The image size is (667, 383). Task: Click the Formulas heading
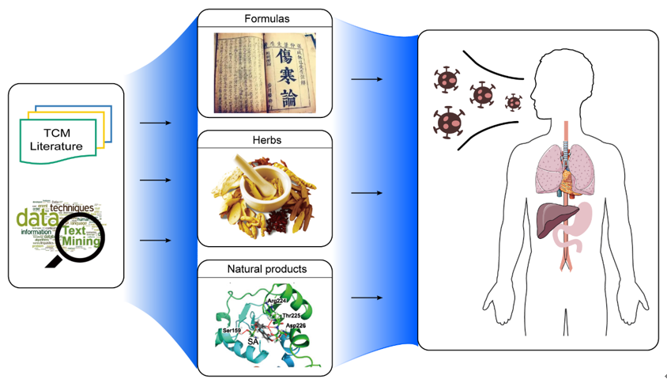pyautogui.click(x=264, y=18)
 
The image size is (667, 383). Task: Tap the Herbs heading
pyautogui.click(x=264, y=140)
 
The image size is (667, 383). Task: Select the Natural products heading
pyautogui.click(x=264, y=269)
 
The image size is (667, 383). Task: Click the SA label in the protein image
pyautogui.click(x=254, y=341)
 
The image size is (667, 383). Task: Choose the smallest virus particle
pyautogui.click(x=514, y=102)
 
